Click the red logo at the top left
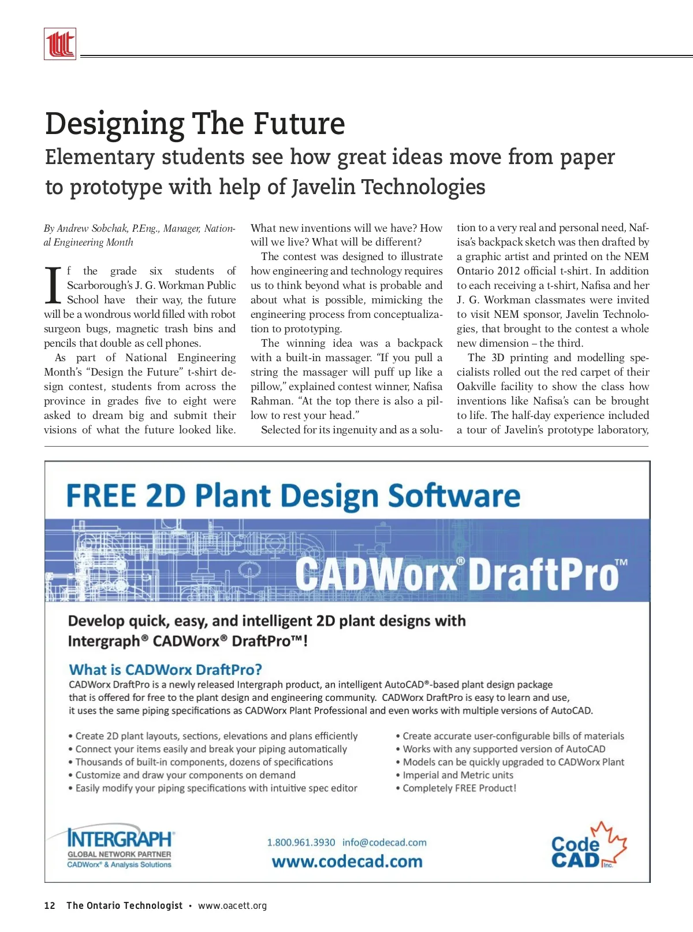click(x=60, y=44)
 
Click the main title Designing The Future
click(x=195, y=124)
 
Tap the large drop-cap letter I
click(x=53, y=286)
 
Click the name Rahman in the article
click(x=267, y=401)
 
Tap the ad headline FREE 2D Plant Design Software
click(x=293, y=496)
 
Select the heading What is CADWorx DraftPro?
click(x=165, y=670)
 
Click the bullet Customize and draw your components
click(x=185, y=775)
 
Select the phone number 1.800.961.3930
click(x=301, y=842)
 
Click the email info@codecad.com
click(x=385, y=842)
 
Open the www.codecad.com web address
click(x=347, y=862)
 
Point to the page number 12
click(x=50, y=905)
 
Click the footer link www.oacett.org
click(x=232, y=905)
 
